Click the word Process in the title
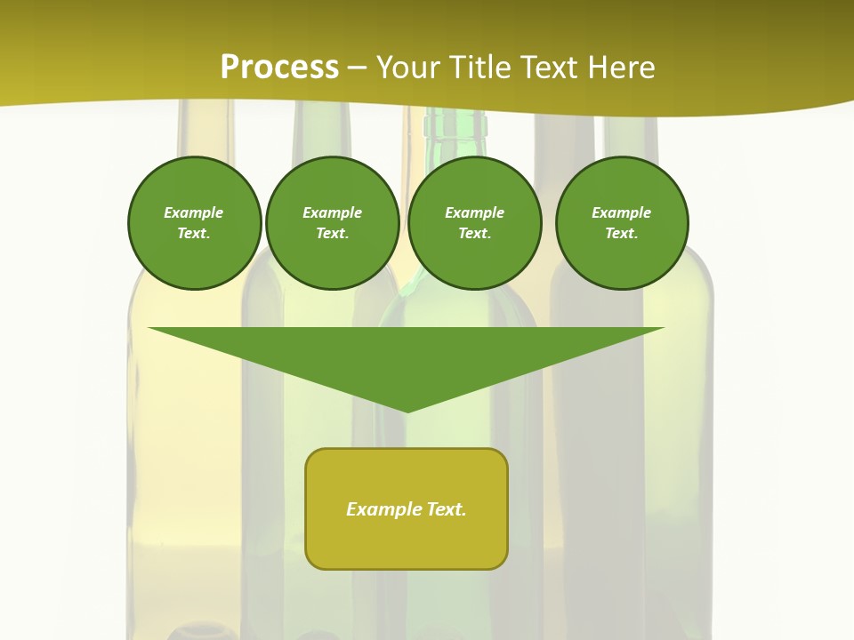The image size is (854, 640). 279,68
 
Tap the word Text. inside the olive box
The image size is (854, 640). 445,509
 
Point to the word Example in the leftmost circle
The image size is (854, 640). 194,212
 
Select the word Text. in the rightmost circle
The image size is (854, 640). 621,233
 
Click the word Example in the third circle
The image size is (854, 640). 474,212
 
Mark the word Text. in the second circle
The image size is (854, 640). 332,233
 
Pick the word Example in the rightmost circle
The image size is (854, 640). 621,212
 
